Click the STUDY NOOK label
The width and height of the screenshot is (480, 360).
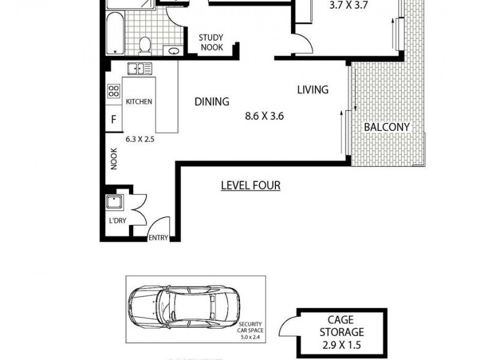tap(211, 42)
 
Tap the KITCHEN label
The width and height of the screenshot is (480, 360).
tap(139, 101)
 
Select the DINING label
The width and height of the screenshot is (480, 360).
tap(212, 101)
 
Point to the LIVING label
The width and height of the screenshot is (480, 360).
tap(313, 90)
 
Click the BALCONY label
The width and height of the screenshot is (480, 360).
tap(387, 127)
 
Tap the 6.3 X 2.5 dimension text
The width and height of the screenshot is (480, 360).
tap(140, 139)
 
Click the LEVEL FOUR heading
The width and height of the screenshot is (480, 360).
tap(250, 185)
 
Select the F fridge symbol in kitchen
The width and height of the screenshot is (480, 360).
tap(113, 119)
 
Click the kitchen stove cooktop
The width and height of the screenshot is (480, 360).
tap(113, 91)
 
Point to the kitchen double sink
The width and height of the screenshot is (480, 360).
tap(140, 68)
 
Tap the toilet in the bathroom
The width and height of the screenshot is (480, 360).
tap(145, 44)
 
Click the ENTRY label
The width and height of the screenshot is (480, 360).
tap(158, 238)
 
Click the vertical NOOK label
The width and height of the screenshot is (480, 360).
tap(113, 158)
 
